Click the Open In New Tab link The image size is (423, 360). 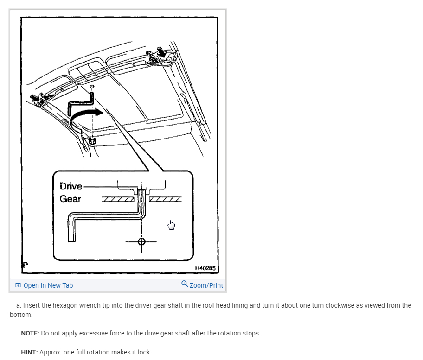(x=48, y=285)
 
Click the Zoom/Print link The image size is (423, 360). (x=206, y=285)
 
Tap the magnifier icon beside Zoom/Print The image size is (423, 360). (x=185, y=284)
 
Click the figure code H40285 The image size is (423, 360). (x=205, y=268)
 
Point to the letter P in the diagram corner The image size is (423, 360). (x=26, y=265)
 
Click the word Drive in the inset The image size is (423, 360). (x=71, y=187)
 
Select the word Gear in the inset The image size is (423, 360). (x=70, y=199)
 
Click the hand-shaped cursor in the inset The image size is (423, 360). (x=171, y=225)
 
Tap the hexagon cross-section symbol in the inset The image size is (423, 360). (x=142, y=241)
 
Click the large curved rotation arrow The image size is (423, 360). (x=88, y=114)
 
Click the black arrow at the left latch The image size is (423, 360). (x=36, y=97)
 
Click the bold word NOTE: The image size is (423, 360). (x=30, y=333)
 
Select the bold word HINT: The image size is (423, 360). (x=29, y=352)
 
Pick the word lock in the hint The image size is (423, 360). (x=143, y=352)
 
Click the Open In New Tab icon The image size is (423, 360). (x=18, y=285)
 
